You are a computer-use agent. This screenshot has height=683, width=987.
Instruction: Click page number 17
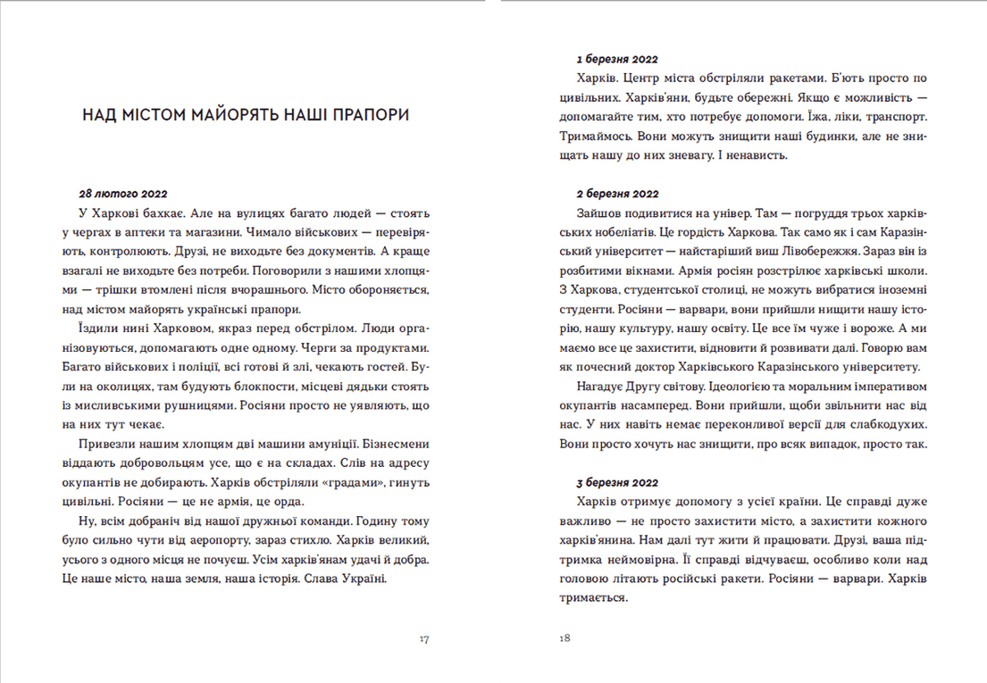pos(423,638)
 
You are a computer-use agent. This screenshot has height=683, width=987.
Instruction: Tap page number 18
pos(564,638)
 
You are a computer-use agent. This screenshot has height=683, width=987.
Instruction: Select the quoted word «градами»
pos(357,482)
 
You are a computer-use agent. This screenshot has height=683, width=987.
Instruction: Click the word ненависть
pos(757,154)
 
